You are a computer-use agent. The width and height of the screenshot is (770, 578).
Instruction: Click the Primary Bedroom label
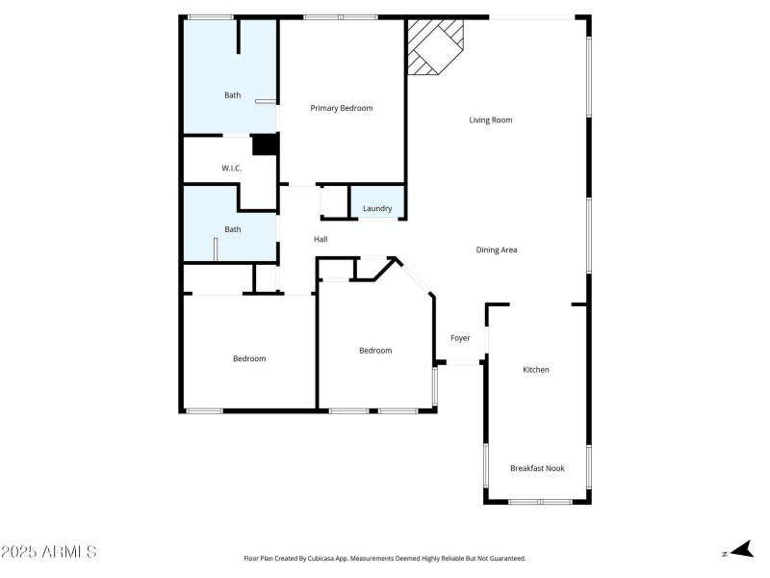click(341, 108)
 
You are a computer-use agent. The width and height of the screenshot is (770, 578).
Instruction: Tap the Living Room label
click(490, 120)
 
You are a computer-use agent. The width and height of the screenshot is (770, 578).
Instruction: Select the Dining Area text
click(497, 250)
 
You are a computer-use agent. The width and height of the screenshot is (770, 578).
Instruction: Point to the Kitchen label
click(536, 370)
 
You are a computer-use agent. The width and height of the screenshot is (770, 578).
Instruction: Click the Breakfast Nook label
click(537, 468)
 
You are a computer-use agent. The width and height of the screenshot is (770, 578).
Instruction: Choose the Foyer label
click(460, 338)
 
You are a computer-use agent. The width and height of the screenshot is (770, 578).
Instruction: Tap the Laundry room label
click(377, 208)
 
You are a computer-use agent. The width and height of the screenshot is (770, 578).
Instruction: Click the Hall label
click(321, 239)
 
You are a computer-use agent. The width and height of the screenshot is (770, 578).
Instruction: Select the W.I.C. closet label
click(231, 169)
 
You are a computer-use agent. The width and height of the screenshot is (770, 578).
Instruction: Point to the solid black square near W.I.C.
click(265, 144)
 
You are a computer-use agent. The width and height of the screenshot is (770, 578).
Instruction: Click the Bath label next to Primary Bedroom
click(233, 94)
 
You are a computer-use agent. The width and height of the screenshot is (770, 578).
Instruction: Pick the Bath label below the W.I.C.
click(233, 229)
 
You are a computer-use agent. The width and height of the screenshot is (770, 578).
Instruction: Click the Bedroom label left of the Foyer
click(375, 351)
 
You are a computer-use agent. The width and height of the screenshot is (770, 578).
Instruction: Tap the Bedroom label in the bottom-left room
click(249, 358)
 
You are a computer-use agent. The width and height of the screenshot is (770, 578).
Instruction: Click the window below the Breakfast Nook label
click(540, 502)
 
